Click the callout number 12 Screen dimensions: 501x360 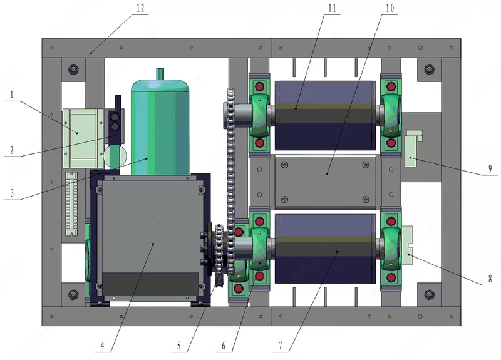140,8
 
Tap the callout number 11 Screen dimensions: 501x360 333,8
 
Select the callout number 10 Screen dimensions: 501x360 390,8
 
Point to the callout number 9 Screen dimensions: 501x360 490,168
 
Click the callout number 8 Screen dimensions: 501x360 490,279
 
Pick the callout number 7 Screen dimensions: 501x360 281,346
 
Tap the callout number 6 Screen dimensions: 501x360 224,346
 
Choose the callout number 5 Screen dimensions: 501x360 178,346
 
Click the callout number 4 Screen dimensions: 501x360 102,346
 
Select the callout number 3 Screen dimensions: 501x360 12,193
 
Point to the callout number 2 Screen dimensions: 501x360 12,150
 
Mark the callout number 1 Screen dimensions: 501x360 12,95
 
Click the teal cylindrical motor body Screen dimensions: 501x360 160,127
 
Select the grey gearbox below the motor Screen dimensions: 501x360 150,239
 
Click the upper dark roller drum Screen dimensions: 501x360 325,115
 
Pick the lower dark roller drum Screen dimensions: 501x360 325,249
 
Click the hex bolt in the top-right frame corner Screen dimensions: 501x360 429,69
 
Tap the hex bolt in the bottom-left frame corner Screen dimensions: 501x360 73,294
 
